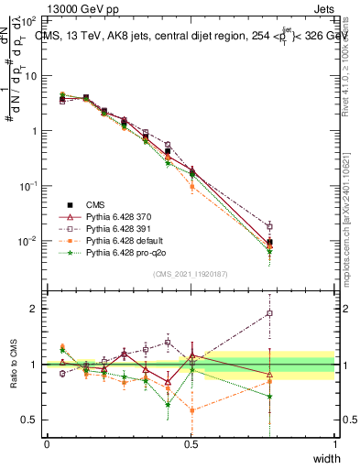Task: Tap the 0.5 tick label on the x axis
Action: click(x=191, y=443)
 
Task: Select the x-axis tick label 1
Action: click(x=334, y=443)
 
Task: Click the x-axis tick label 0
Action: click(x=47, y=443)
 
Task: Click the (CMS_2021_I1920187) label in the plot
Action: click(x=191, y=272)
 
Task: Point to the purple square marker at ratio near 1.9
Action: click(x=269, y=313)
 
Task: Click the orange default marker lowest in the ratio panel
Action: click(x=191, y=410)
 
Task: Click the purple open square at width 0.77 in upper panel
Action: click(x=269, y=226)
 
